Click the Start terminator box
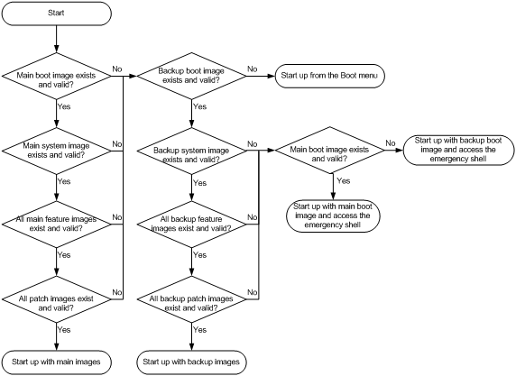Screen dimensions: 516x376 (57, 14)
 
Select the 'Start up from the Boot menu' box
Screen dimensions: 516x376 (329, 76)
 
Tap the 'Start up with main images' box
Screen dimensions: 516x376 (57, 362)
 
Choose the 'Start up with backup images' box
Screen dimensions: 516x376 (191, 362)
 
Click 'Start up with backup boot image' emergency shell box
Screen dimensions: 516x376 (458, 150)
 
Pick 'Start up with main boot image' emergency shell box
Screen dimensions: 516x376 (333, 216)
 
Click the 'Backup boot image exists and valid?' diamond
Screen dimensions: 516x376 (191, 76)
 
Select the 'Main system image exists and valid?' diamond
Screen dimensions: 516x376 (57, 151)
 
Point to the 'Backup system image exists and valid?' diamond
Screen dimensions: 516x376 (191, 151)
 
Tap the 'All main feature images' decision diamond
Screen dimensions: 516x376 (57, 225)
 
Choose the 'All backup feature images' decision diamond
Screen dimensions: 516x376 (191, 225)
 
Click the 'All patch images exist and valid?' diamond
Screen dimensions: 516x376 (57, 299)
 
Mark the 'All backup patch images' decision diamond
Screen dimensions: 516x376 (191, 299)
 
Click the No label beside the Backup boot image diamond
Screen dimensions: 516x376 (252, 69)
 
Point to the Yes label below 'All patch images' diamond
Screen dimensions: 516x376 (64, 330)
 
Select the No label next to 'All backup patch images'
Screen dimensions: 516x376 (252, 292)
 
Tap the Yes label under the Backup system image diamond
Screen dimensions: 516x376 (199, 183)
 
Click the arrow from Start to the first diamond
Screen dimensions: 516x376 (57, 39)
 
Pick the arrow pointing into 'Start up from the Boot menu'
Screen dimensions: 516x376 (261, 76)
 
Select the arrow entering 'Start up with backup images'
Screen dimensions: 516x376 (191, 336)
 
